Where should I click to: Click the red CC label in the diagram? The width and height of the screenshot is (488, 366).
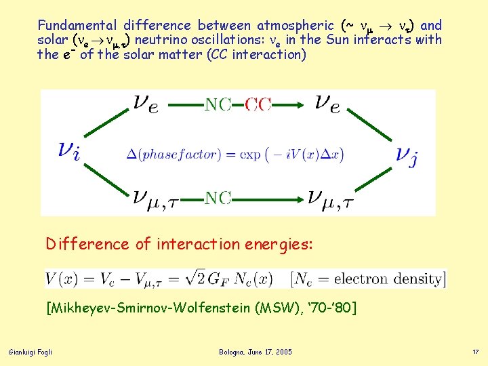(258, 104)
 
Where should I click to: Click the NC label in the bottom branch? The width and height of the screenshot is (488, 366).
(218, 198)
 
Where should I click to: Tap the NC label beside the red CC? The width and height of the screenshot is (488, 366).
(218, 104)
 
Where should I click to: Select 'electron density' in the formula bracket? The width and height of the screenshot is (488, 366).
(387, 278)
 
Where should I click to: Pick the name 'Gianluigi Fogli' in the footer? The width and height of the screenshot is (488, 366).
(30, 352)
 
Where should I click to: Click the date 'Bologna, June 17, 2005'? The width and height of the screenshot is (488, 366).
(256, 352)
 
